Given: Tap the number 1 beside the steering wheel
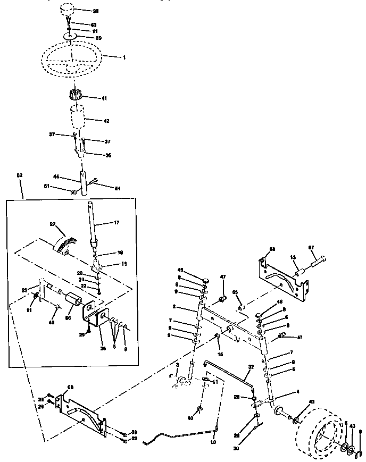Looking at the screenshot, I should [124, 56].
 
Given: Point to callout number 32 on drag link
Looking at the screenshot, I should [251, 367].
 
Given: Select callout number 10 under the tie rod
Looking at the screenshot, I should [214, 442].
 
